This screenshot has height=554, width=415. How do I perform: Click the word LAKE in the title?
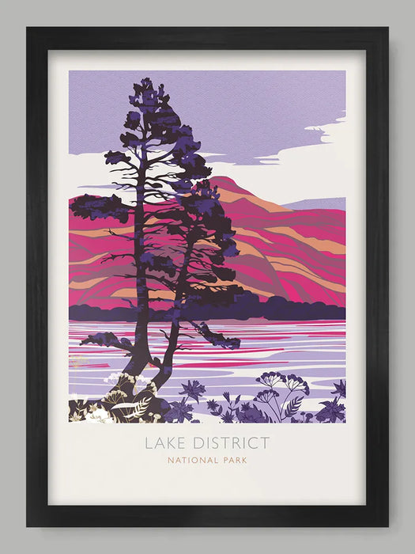(x=164, y=443)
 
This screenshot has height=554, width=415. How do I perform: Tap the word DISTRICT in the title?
(x=228, y=443)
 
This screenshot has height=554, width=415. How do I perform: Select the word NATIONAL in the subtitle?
(x=189, y=460)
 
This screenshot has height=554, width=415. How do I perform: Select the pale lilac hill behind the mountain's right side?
(x=320, y=204)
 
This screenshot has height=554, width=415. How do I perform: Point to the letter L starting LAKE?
(x=149, y=443)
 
